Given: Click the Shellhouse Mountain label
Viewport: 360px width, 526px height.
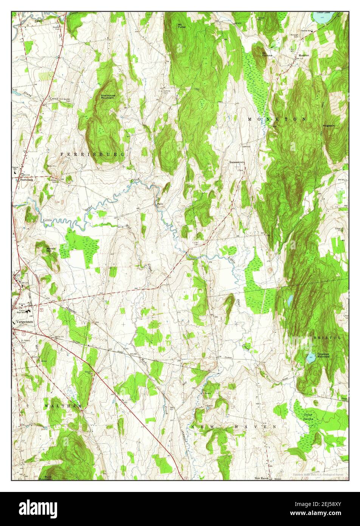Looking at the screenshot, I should [108, 96].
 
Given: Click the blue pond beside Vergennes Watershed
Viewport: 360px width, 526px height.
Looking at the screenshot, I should [310, 358].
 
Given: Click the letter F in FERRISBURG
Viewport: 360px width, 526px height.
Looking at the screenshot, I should [62, 154].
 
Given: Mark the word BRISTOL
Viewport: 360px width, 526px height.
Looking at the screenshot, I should [327, 337].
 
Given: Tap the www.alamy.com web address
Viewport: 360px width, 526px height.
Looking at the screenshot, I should [321, 513].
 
